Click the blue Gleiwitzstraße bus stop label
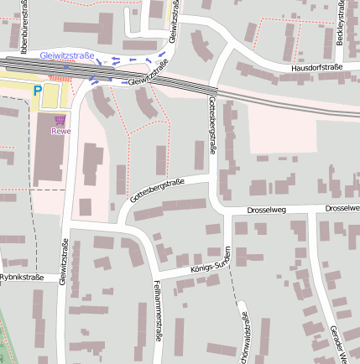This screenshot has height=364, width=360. coord(67,55)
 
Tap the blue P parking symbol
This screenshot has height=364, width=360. coord(37,90)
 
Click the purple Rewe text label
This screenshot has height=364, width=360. coord(60,132)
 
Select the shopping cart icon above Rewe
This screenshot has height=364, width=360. coord(60,121)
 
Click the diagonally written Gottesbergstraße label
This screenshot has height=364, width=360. coord(157,190)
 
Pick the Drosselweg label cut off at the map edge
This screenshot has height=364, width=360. coord(342,208)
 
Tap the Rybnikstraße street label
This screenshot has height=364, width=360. coord(21,276)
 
